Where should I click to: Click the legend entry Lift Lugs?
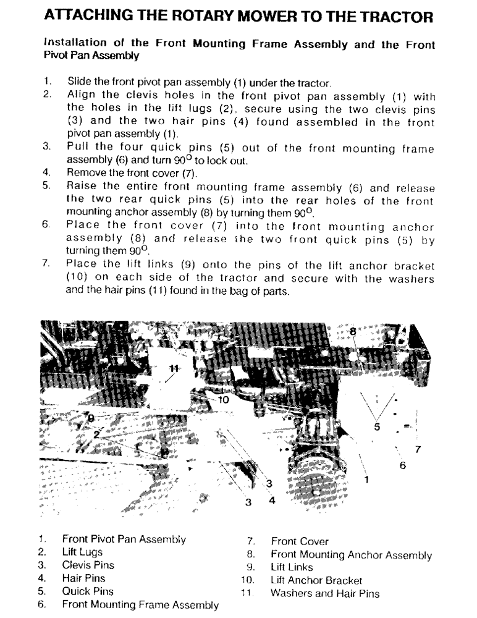point(82,552)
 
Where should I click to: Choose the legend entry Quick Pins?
point(87,591)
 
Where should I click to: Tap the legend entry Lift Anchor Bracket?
point(316,580)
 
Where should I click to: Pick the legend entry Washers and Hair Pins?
point(324,593)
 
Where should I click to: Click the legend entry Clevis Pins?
point(88,565)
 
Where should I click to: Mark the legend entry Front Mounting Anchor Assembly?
point(351,554)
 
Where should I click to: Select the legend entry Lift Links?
point(292,567)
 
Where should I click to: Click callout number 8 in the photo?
point(353,332)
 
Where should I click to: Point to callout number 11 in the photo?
point(174,368)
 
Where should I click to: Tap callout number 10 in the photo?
point(223,400)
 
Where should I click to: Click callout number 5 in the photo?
point(377,426)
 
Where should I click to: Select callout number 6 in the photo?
point(403,465)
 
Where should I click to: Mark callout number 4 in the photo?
point(271,501)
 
